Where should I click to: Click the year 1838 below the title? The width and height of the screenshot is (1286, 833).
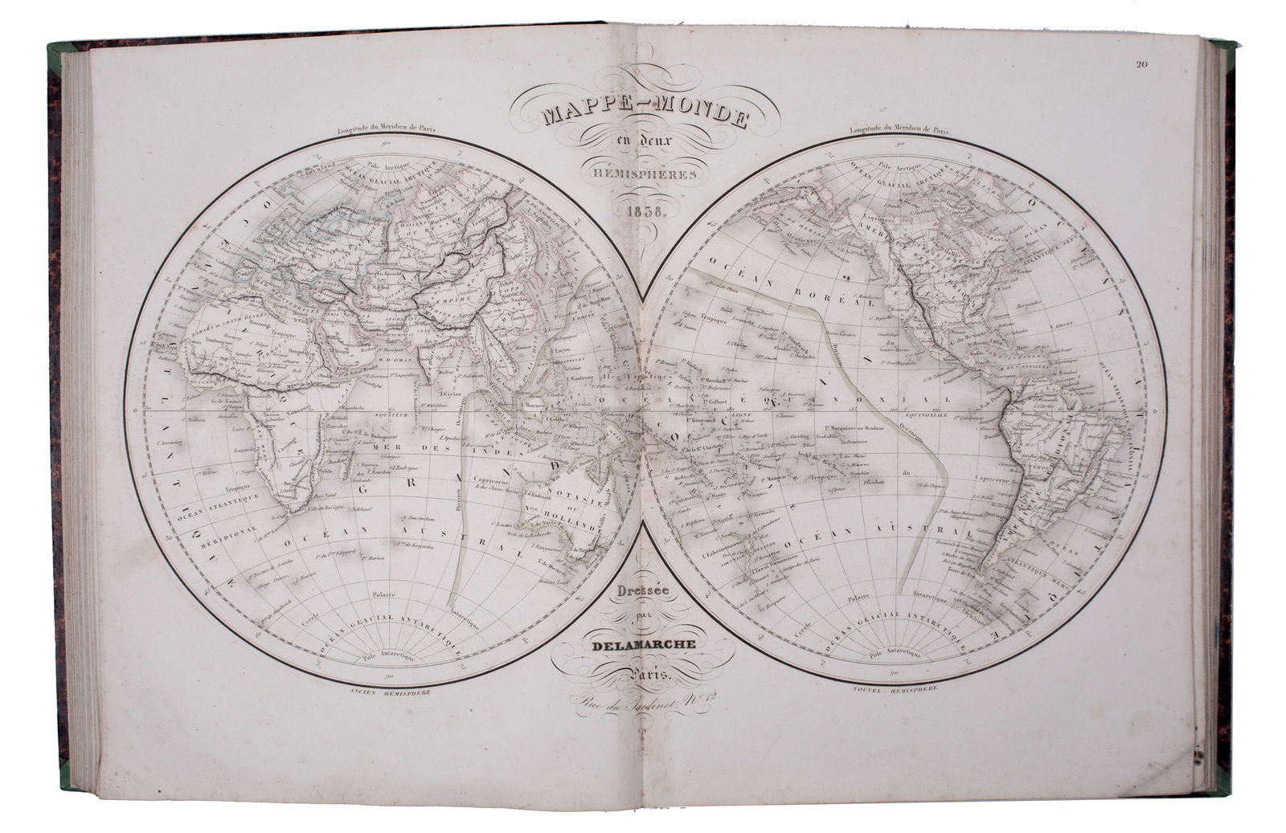641,214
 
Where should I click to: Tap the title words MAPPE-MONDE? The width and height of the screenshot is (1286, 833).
642,116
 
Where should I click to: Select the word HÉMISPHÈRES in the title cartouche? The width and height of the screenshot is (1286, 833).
642,172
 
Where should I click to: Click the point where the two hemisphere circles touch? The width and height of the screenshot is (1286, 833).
643,410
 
